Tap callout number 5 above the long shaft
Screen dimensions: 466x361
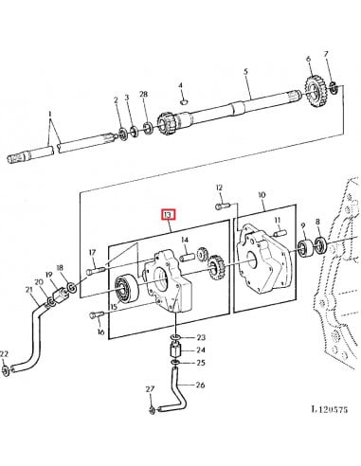click(x=245, y=71)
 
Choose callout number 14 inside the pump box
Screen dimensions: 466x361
click(x=185, y=266)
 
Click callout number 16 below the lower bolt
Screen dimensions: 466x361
click(x=100, y=333)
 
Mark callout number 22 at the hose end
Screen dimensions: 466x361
click(x=5, y=354)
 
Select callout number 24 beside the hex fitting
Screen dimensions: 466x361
click(x=200, y=350)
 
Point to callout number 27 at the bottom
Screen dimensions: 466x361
click(x=150, y=389)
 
